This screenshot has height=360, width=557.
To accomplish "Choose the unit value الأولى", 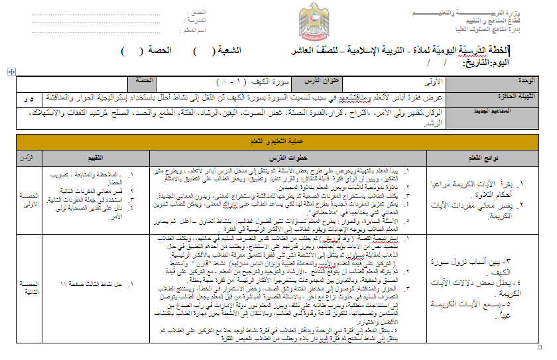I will coord(436,82).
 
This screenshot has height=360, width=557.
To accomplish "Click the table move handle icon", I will coord(11,72).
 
